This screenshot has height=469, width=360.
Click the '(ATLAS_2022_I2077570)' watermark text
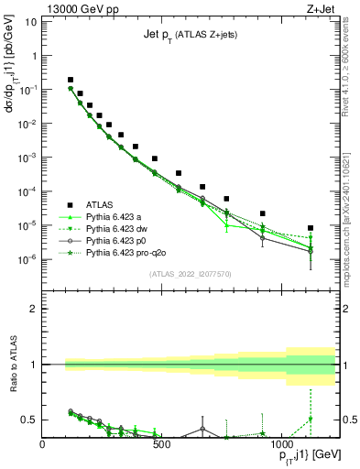tap(190, 274)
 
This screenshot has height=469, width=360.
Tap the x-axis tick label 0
tap(42, 444)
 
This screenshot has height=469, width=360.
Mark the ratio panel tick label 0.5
tap(28, 420)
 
